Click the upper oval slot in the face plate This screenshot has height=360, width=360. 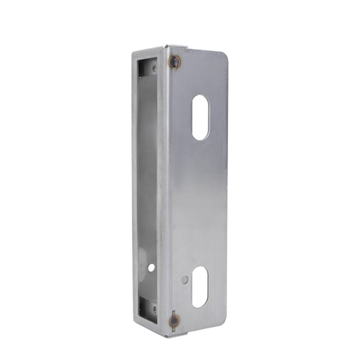(200, 117)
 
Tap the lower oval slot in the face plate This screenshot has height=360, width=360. (199, 286)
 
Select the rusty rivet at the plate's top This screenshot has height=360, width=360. (175, 62)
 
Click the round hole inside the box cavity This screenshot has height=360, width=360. (151, 267)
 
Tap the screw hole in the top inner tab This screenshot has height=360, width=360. (154, 68)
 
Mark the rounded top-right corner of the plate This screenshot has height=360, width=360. (223, 55)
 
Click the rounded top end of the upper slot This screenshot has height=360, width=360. (201, 98)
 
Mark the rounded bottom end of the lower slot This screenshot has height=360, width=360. (199, 304)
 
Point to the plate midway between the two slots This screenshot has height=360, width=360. (200, 202)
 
